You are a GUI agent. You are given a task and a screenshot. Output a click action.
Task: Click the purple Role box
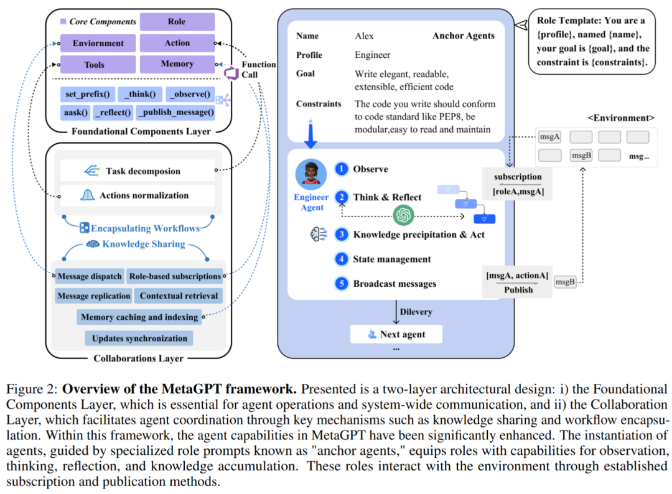177,22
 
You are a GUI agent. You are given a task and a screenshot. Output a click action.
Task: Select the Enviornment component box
98,44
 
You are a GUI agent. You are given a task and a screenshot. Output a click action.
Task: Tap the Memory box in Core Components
177,64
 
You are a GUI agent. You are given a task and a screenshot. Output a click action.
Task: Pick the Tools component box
94,65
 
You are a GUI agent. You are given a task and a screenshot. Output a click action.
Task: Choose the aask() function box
75,113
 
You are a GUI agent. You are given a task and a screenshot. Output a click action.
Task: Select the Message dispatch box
89,276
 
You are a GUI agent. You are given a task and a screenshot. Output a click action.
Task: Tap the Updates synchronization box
139,338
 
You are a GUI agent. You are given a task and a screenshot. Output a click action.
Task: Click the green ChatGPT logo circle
404,216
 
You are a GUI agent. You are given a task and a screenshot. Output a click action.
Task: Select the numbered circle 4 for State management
341,259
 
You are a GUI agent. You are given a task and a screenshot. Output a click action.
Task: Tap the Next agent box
396,334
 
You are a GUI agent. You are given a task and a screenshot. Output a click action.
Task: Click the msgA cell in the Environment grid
549,137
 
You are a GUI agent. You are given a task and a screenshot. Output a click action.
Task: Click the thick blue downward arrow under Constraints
310,137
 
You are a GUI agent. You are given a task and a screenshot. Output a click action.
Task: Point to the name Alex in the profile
365,36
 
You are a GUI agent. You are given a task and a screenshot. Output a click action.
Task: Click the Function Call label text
258,70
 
